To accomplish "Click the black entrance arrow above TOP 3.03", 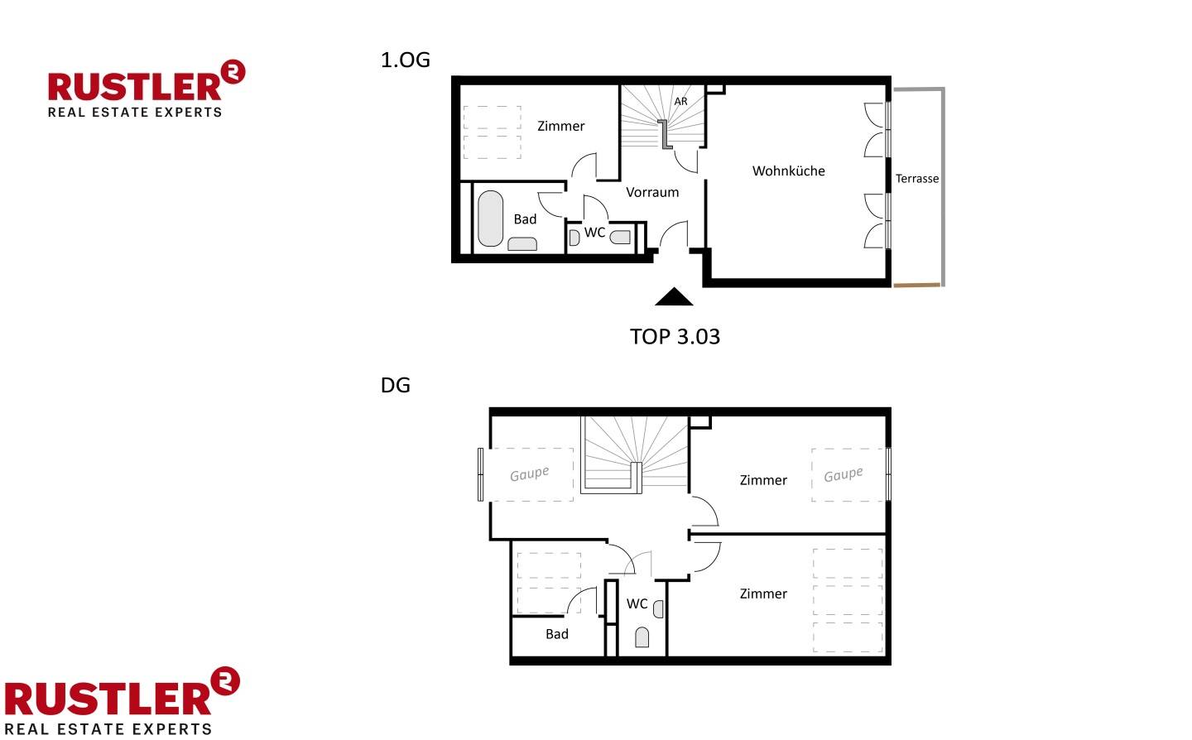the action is click(x=674, y=297).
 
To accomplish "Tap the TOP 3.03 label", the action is click(x=675, y=337).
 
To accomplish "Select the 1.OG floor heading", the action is click(x=406, y=60).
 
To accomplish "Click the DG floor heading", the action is click(x=396, y=385).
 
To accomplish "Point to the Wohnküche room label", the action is click(x=789, y=171).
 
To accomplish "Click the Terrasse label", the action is click(x=917, y=179).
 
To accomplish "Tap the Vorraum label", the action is click(x=652, y=192).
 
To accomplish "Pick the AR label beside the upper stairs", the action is click(x=680, y=101).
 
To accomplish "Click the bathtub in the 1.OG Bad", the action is click(x=490, y=219).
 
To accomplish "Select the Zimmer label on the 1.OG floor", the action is click(x=561, y=126).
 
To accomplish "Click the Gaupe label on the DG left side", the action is click(x=529, y=473).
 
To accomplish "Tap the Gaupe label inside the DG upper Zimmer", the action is click(x=844, y=474).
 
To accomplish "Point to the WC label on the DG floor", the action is click(x=637, y=603).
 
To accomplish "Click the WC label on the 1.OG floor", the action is click(x=594, y=233).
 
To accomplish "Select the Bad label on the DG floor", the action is click(x=557, y=634).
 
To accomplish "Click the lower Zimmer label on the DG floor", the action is click(x=763, y=593).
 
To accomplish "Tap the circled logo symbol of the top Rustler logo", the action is click(x=233, y=72).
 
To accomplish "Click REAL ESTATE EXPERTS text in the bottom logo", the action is click(x=108, y=729).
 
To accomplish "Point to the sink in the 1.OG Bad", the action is click(x=522, y=244).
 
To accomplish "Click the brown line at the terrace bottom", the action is click(x=917, y=286).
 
